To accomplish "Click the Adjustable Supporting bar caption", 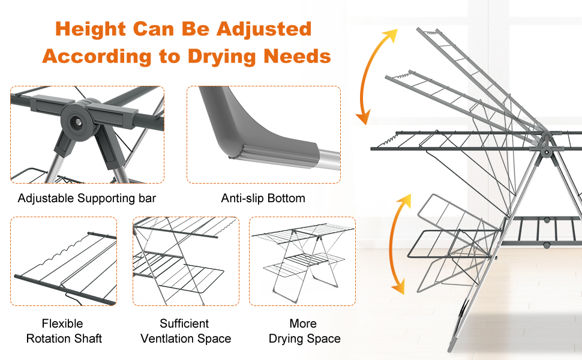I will coord(87,198).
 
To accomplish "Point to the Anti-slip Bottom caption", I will coord(263,198).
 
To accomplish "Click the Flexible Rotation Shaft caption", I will coord(63,331).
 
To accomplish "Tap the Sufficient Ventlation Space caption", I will coord(185,331).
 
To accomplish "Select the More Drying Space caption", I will coord(303,331).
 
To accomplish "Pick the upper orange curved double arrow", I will coord(375,75).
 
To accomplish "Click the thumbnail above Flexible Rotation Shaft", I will coord(64,262).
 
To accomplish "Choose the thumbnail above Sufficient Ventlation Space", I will coord(185,262).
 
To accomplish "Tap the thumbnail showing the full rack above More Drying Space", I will coord(302,262).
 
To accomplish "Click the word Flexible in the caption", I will coord(62,324).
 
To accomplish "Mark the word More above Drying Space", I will coord(303,324).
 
